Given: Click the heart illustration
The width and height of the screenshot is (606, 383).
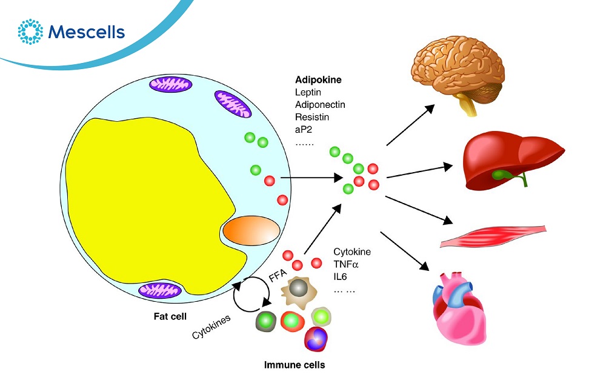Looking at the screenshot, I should pyautogui.click(x=460, y=306).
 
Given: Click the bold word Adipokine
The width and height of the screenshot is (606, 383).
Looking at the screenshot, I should pyautogui.click(x=319, y=79).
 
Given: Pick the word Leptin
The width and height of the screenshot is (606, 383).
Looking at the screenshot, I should pyautogui.click(x=309, y=92).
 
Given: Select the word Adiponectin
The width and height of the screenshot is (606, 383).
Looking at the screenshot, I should pyautogui.click(x=320, y=104).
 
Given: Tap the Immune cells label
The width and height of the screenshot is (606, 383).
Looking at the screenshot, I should pyautogui.click(x=295, y=365).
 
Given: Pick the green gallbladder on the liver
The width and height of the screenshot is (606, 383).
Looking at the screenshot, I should pyautogui.click(x=502, y=175).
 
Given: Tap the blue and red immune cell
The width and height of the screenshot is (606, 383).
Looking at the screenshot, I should pyautogui.click(x=315, y=339).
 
